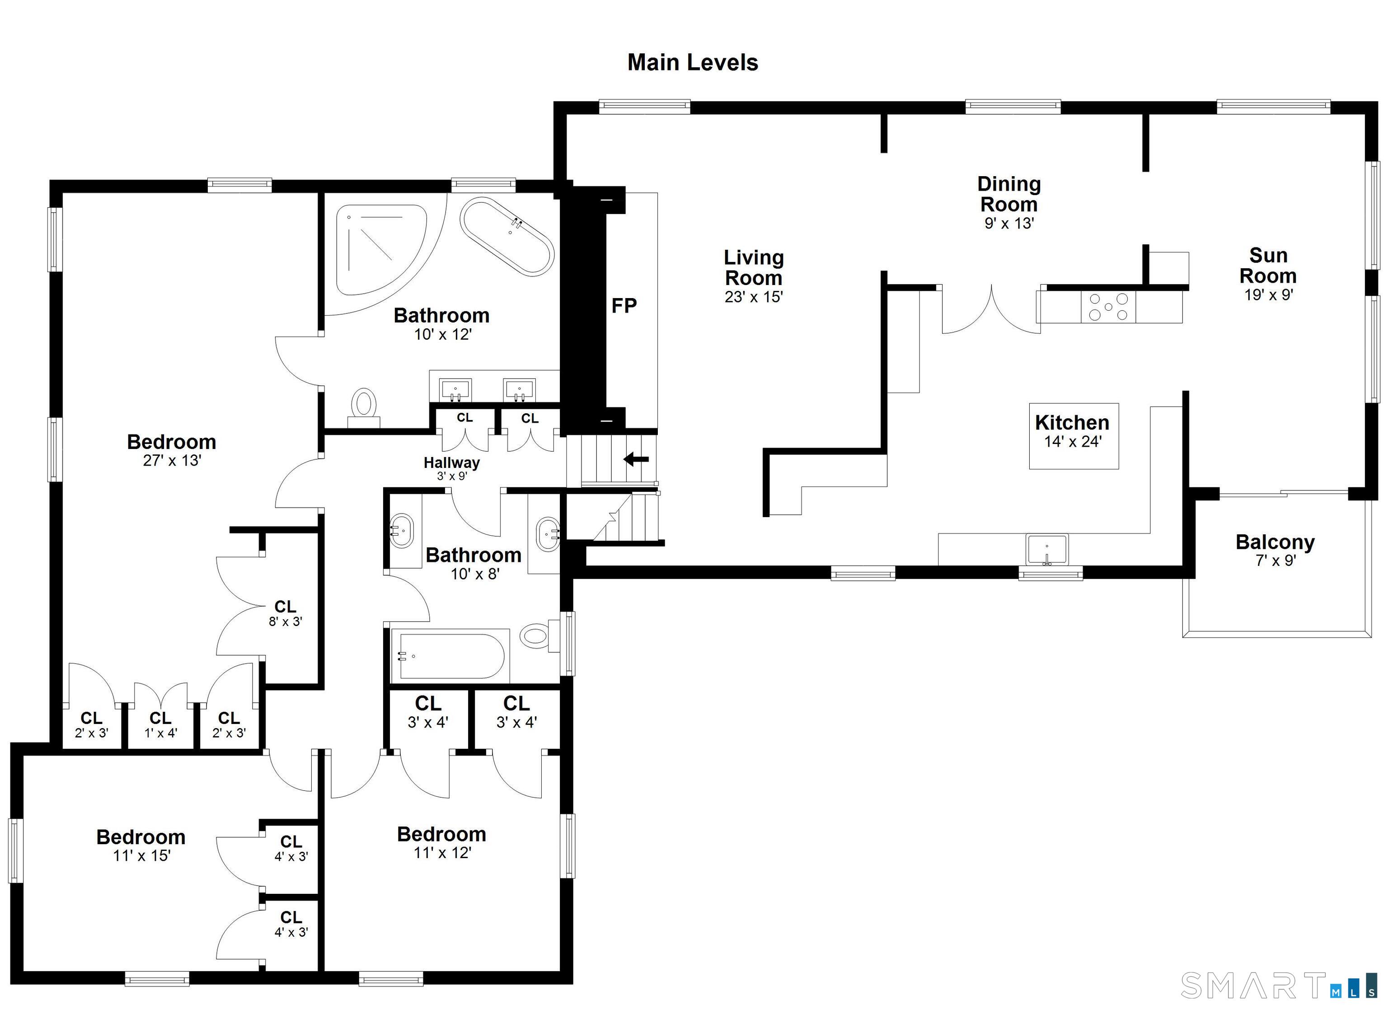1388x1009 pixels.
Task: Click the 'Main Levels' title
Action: click(x=693, y=62)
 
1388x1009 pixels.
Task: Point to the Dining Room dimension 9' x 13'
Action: click(x=1008, y=223)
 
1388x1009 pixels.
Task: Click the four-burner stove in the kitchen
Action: click(x=1108, y=307)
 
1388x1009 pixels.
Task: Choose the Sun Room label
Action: click(x=1268, y=266)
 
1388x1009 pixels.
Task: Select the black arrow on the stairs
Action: click(x=637, y=459)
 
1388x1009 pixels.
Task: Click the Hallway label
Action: click(x=452, y=462)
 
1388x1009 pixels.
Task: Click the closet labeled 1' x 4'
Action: click(x=160, y=724)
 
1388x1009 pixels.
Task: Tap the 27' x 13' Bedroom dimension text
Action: click(x=172, y=461)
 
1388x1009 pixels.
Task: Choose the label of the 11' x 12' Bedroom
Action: click(x=442, y=834)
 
